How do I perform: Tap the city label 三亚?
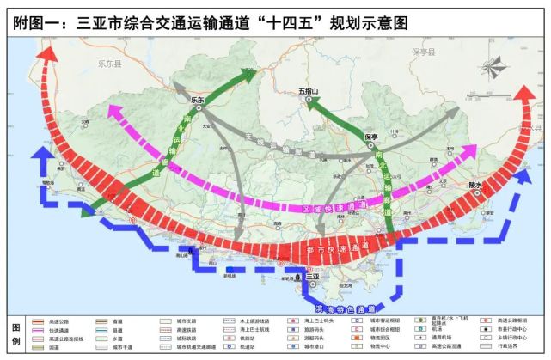coord(311,276)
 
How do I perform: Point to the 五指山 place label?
coord(308,90)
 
